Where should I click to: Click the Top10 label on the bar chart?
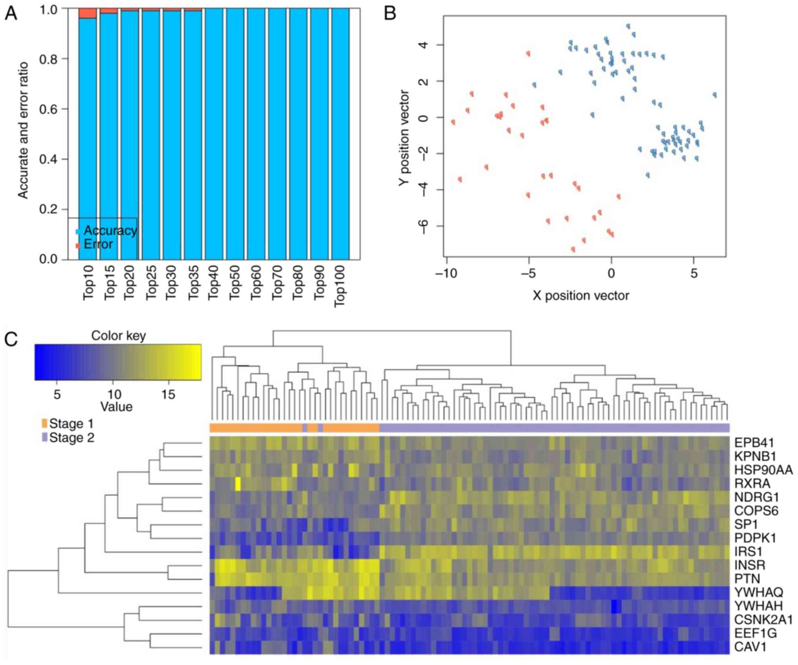tap(88, 282)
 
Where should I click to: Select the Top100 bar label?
tap(339, 286)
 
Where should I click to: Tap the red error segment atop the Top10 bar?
tap(88, 13)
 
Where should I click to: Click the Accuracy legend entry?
tap(110, 231)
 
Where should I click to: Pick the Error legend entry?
tap(98, 244)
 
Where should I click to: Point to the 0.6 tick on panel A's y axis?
tap(49, 109)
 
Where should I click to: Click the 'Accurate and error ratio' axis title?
tap(23, 130)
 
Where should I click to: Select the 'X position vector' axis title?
tap(580, 295)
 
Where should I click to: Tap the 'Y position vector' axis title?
tap(404, 137)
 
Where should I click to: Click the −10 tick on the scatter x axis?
tap(447, 273)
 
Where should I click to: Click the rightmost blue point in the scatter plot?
tap(715, 95)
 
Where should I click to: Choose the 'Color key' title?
tap(118, 336)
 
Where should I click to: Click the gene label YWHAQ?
tap(758, 592)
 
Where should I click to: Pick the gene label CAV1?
tap(750, 647)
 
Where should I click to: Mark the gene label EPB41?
tap(754, 443)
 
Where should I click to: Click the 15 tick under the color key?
tap(168, 394)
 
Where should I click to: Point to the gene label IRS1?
tap(748, 551)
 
